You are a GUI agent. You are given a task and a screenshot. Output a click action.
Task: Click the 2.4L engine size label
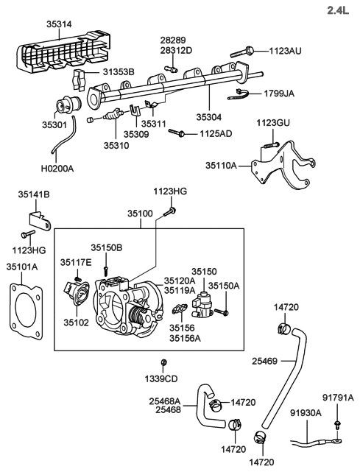point(338,10)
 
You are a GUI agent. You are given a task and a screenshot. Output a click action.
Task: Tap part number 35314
point(59,24)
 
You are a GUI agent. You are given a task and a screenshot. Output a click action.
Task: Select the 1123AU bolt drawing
point(243,52)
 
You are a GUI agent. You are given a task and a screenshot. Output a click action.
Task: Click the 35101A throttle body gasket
point(25,311)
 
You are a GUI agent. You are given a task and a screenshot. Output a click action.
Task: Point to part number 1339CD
point(161,378)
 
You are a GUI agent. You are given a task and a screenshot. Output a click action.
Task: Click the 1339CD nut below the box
point(163,362)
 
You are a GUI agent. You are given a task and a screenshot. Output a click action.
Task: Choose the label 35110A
point(222,165)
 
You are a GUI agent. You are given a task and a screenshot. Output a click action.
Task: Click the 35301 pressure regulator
point(68,105)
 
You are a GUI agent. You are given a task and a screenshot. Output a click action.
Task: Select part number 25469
point(264,361)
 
